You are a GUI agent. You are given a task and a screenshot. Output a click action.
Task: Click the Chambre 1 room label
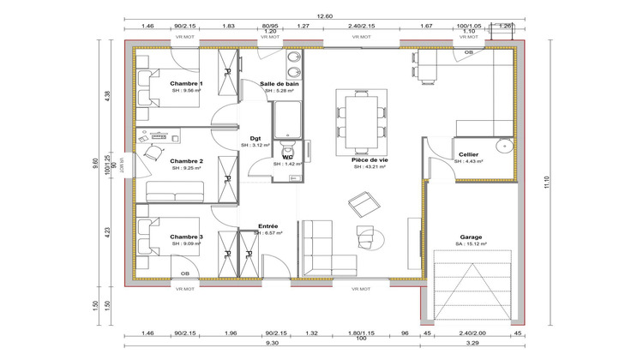click(186, 82)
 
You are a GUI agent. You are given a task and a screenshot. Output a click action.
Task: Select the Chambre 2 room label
click(186, 160)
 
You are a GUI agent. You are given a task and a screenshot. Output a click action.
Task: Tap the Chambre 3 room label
click(186, 236)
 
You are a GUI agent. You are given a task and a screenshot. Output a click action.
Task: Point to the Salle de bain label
click(278, 83)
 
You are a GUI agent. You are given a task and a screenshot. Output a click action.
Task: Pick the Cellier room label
click(468, 154)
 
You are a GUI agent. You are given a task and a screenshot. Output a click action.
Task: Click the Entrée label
click(268, 226)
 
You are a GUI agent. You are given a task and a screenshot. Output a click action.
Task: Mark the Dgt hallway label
click(255, 138)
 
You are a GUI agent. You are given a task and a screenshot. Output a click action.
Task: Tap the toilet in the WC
click(287, 141)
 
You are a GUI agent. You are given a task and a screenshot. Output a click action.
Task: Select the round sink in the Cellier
click(505, 145)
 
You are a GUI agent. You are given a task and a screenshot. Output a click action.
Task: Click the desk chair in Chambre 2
click(154, 153)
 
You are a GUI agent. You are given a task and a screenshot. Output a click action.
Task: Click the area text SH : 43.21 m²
click(369, 167)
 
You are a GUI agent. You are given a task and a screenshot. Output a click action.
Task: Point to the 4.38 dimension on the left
click(108, 95)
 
